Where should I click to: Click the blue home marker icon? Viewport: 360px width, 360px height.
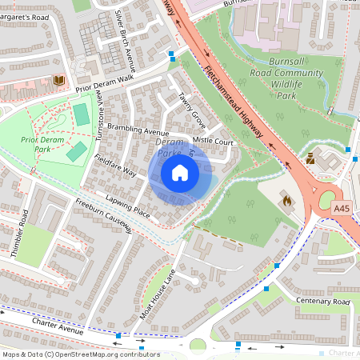(180, 173)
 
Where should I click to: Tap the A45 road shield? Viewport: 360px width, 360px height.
(342, 209)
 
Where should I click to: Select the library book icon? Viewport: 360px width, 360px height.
(58, 80)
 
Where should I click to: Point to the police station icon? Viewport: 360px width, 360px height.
(310, 158)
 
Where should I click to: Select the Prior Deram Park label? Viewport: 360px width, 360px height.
(42, 144)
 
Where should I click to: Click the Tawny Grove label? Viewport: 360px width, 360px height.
(192, 110)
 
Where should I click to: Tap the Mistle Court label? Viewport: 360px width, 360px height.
(213, 141)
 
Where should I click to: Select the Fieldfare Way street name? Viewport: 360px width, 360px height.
(115, 166)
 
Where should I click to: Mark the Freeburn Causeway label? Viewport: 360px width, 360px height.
(104, 217)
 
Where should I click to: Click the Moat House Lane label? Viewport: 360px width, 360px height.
(157, 294)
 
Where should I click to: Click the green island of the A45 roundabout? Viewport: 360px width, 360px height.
(329, 199)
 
